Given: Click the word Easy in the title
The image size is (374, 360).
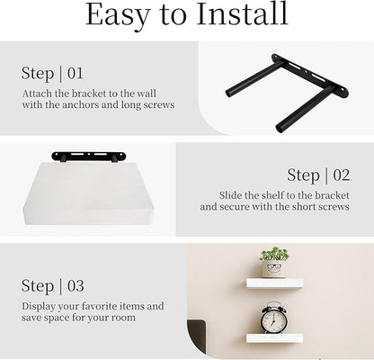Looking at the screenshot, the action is tap(118, 15).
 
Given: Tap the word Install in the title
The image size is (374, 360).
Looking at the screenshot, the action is tap(242, 13).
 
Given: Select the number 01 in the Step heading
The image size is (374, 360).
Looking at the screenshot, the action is tap(75, 73).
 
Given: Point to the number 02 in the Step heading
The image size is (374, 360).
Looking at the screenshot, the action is tap(342, 175).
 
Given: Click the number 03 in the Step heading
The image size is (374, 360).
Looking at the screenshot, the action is tap(76, 285).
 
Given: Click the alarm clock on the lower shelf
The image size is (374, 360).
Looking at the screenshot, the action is tap(273, 318).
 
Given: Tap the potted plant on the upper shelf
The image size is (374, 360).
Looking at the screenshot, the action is tap(274, 262).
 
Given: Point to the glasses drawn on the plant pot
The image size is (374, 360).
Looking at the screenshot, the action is tap(273, 266).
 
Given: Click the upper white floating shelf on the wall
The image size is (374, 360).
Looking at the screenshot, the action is tap(275, 283).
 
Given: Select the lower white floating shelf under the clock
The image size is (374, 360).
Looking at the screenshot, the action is tap(274, 338).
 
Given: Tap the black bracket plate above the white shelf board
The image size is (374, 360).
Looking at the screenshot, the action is tap(89, 156).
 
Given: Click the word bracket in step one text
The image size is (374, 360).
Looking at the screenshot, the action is tap(88, 94).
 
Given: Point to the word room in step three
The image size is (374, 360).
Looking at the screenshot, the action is tap(123, 318).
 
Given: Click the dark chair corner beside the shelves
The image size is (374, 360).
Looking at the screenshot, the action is tap(197, 330).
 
